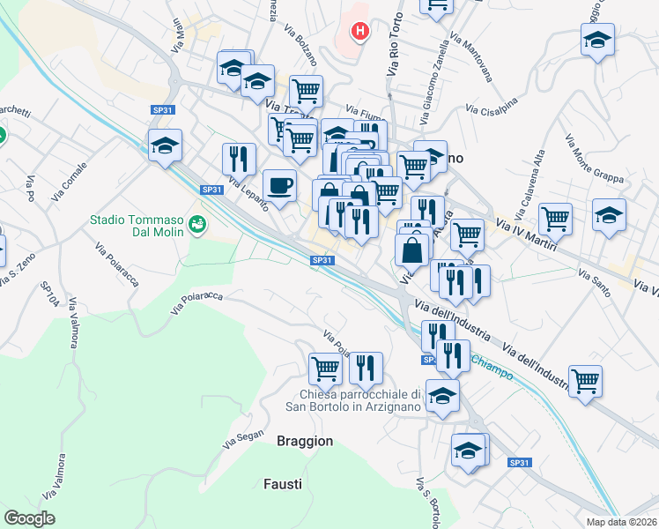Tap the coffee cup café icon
tap(280, 186)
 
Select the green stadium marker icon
tap(196, 224)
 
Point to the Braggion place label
tap(305, 441)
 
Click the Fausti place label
tap(283, 484)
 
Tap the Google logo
tap(29, 518)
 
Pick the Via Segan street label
tap(243, 436)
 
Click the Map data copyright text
tap(622, 522)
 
